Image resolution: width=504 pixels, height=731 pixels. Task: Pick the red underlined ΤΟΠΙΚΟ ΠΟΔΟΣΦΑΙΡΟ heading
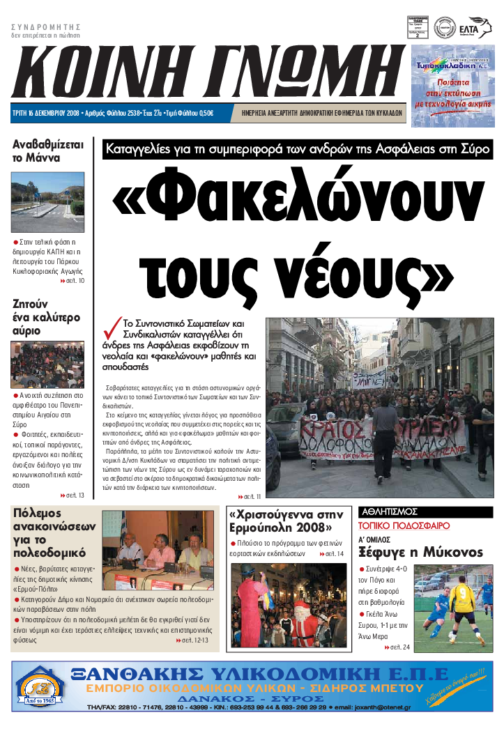pos(404,526)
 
